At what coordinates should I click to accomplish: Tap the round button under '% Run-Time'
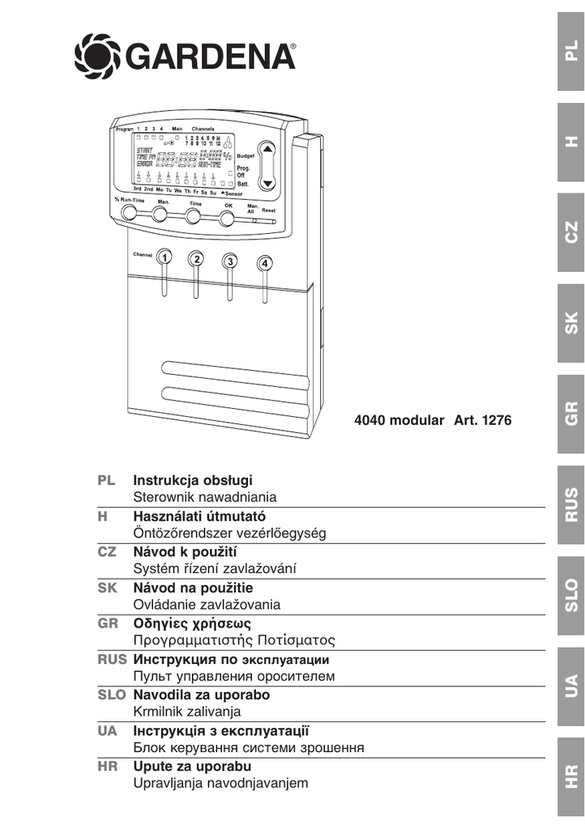click(128, 214)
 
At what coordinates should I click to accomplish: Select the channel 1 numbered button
click(164, 257)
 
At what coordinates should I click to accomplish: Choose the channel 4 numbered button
click(265, 264)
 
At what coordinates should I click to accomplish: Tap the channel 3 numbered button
click(231, 261)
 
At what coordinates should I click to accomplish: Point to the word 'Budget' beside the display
click(246, 155)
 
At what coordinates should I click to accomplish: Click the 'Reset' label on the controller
click(268, 210)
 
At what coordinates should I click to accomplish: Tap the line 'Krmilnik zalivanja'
click(186, 712)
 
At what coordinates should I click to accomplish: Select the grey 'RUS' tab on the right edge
click(572, 504)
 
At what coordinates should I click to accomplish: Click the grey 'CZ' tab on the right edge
click(572, 231)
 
